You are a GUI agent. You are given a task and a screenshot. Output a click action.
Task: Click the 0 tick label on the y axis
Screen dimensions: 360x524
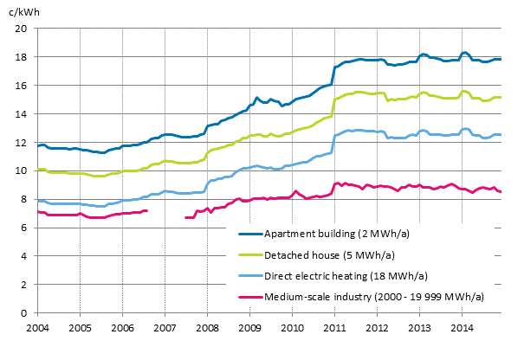click(25, 312)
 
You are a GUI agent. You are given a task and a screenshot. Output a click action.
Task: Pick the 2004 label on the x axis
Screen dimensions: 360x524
click(37, 329)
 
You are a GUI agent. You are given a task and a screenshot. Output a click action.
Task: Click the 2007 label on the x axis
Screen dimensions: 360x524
click(165, 329)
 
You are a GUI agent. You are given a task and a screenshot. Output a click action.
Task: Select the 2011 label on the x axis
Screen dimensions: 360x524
click(335, 329)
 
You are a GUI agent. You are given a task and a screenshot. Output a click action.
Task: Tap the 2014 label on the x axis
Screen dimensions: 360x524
click(463, 329)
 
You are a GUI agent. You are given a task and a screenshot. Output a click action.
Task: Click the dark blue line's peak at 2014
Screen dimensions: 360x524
click(465, 53)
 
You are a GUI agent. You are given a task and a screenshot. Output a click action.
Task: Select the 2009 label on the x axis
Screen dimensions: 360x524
click(250, 329)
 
